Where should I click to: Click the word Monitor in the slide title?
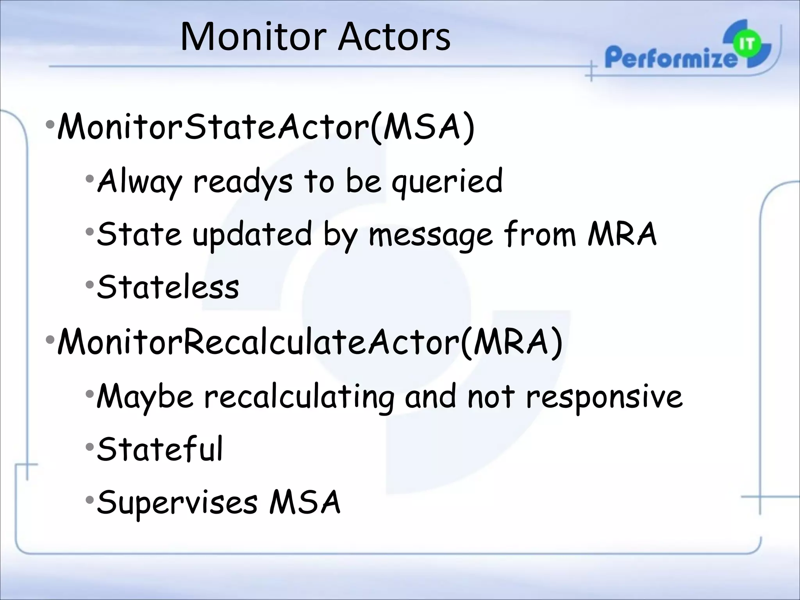pos(253,37)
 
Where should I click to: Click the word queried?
pos(447,181)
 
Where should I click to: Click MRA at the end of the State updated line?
pos(622,234)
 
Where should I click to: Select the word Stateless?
pos(168,287)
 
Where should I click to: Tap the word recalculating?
pos(299,397)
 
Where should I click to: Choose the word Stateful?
pos(160,449)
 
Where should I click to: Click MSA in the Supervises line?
pos(305,502)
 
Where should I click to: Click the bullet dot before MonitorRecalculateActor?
pos(50,339)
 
